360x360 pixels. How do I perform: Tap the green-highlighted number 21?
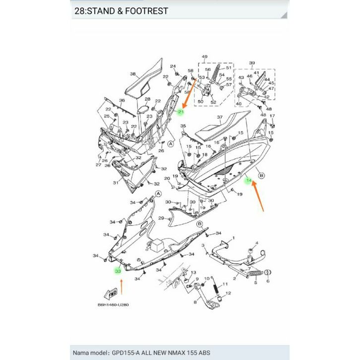click(181, 112)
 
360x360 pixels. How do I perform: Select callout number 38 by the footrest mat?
click(132, 74)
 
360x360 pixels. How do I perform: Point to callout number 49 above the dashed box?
click(204, 57)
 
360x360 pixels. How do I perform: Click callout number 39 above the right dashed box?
click(251, 63)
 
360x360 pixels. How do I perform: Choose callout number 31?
click(115, 183)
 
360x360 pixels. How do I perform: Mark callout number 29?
click(161, 218)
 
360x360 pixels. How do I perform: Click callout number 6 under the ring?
click(268, 281)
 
